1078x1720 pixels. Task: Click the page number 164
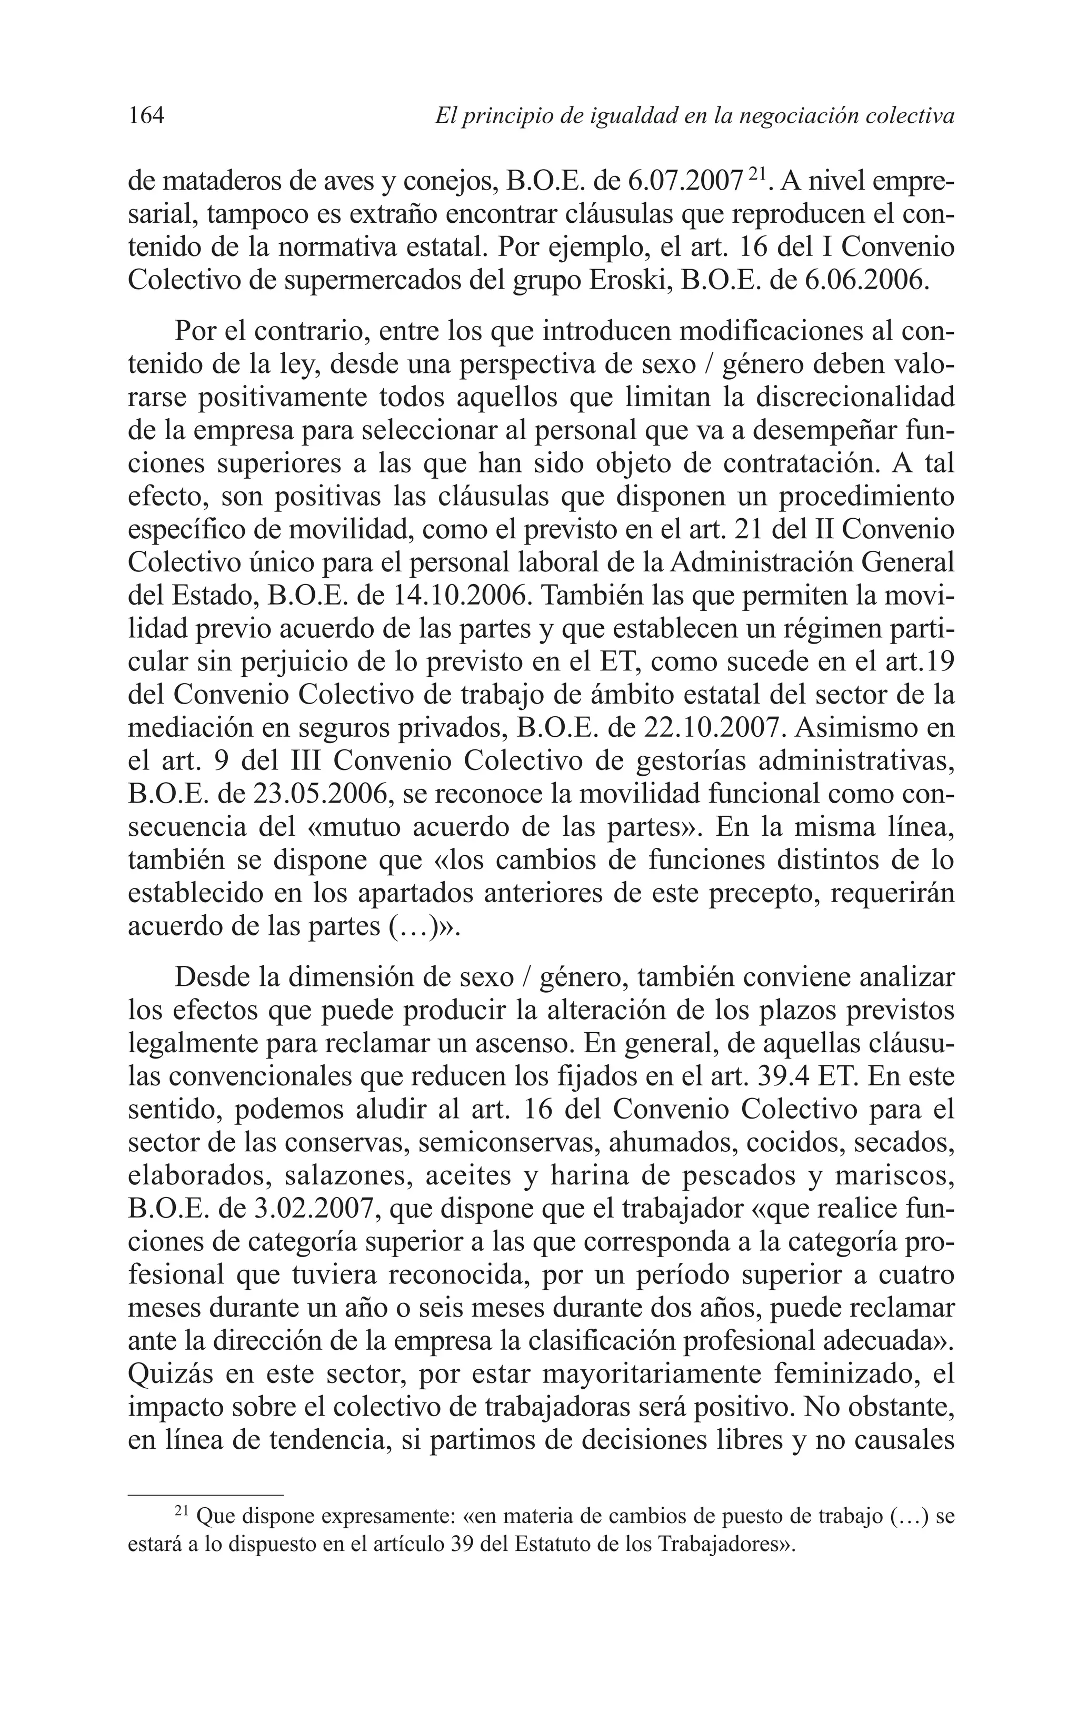point(146,115)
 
